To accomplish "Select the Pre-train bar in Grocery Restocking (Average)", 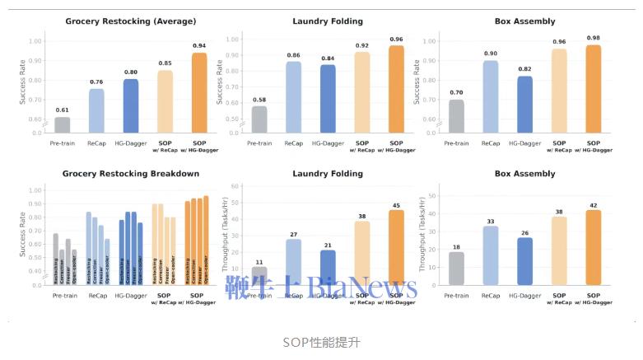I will coord(63,124).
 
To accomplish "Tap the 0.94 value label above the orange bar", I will coord(199,45).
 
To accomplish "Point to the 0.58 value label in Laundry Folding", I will coord(259,100).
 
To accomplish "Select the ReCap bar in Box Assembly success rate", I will coord(491,96).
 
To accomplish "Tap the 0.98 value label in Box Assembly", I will coord(594,37).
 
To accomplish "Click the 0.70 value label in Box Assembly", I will coord(456,93).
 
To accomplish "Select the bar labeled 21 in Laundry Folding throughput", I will coord(328,267).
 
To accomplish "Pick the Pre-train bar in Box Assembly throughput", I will coord(456,268).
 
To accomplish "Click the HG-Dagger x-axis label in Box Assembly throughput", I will coord(525,294).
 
